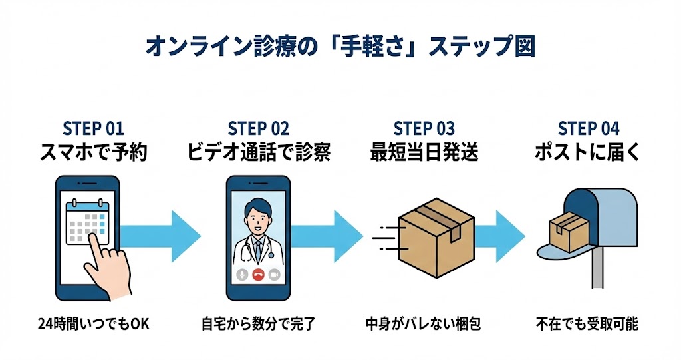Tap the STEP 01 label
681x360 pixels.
tap(93, 128)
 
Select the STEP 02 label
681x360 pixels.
tap(258, 128)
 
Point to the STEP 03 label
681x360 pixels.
tap(424, 128)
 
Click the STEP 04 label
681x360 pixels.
tap(589, 128)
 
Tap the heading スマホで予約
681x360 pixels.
tap(93, 153)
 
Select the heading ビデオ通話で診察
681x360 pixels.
tap(258, 153)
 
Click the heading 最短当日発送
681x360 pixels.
tap(424, 153)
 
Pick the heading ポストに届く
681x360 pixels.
tap(589, 153)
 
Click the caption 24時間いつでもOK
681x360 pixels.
tap(93, 325)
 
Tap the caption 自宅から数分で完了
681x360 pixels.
tap(258, 325)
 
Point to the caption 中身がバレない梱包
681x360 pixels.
tap(424, 325)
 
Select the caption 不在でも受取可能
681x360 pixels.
tap(589, 325)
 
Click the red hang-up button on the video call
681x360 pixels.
tap(259, 274)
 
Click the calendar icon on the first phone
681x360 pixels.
tap(86, 223)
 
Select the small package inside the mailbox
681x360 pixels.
tap(567, 230)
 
